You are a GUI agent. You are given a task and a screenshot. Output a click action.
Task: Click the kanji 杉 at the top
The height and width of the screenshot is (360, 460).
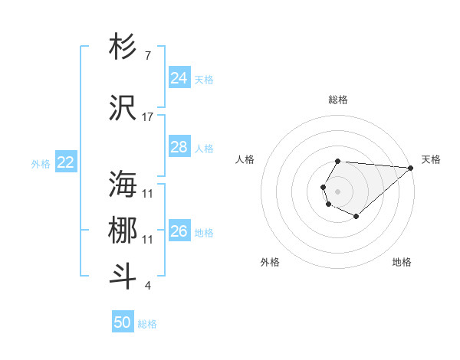(123, 47)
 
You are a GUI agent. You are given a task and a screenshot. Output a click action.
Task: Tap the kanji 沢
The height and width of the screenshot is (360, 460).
(123, 109)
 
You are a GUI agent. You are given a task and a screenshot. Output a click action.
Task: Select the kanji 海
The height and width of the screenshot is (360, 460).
(123, 185)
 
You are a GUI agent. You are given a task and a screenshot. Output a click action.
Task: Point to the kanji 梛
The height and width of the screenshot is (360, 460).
(123, 231)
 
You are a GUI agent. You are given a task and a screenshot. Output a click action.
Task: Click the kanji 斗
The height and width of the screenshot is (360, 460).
(123, 277)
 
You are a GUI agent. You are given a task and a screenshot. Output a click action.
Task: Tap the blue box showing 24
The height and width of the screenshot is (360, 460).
(179, 78)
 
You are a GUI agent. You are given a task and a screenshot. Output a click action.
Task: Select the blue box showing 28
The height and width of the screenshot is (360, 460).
(179, 147)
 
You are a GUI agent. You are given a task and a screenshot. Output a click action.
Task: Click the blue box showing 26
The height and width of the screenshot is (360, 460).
(179, 231)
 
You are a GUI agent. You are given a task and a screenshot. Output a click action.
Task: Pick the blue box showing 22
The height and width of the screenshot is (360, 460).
(65, 162)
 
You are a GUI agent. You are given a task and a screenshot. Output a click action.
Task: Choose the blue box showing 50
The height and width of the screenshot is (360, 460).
(123, 322)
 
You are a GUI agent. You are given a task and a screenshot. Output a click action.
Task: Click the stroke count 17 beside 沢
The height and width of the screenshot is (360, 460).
(148, 117)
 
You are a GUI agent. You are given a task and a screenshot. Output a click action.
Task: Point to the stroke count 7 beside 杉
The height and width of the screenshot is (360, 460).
(147, 56)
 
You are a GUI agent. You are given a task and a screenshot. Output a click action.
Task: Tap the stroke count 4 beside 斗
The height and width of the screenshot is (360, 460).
(147, 286)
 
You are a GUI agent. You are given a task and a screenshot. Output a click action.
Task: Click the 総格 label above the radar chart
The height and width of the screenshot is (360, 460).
(337, 100)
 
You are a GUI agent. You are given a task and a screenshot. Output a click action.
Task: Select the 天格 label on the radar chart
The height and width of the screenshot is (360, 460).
(431, 159)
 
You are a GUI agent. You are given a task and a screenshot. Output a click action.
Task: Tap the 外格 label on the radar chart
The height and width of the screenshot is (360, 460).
(270, 262)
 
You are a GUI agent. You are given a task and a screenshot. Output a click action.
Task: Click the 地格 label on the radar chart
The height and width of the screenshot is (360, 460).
(402, 262)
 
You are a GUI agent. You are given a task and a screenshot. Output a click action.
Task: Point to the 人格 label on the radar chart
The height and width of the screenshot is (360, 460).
(245, 159)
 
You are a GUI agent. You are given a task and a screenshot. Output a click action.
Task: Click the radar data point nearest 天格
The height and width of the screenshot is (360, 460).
(410, 167)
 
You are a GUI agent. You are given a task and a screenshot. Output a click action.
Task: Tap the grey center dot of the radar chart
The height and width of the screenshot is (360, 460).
(337, 190)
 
